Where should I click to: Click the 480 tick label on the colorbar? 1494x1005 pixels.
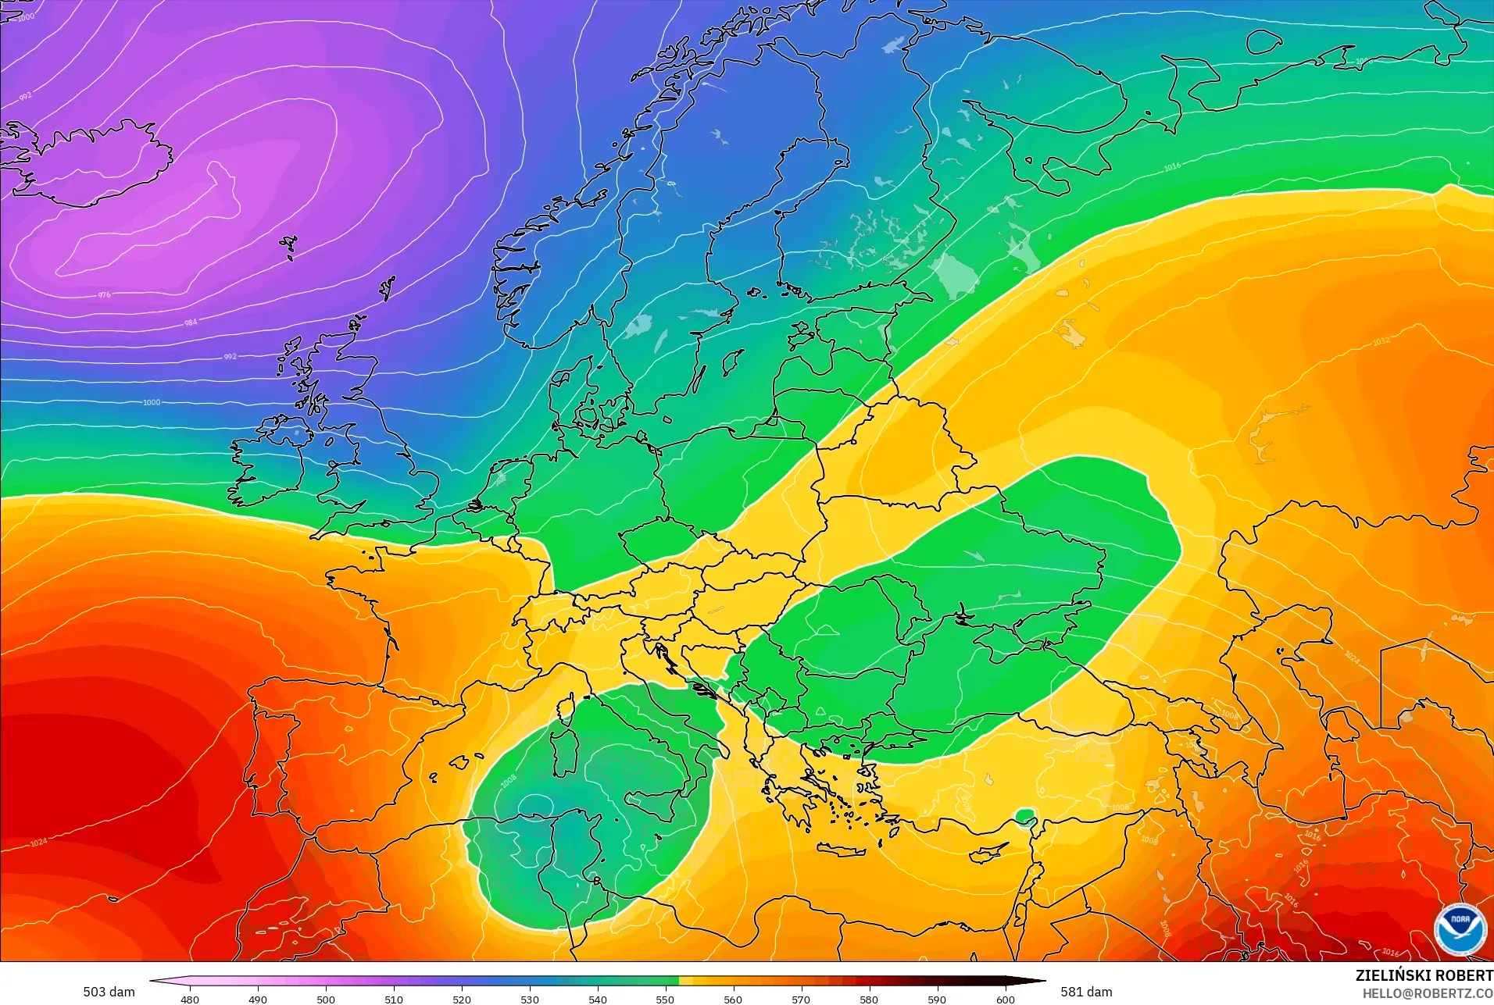[x=190, y=999]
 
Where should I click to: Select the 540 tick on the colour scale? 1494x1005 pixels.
[x=598, y=999]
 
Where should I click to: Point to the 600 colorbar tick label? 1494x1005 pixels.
[x=1006, y=999]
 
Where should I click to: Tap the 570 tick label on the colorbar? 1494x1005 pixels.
[x=801, y=999]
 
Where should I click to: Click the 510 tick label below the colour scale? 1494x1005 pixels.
[x=394, y=999]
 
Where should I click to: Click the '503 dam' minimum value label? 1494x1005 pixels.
[x=109, y=992]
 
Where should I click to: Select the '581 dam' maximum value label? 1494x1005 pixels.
[x=1086, y=992]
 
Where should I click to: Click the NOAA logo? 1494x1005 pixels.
[x=1460, y=928]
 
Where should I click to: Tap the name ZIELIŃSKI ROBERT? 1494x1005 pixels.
[x=1424, y=975]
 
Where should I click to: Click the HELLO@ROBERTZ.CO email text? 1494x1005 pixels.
[x=1428, y=993]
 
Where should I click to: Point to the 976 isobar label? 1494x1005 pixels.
[x=105, y=295]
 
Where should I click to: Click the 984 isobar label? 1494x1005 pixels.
[x=191, y=323]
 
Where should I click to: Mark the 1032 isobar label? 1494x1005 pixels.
[x=1381, y=341]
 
